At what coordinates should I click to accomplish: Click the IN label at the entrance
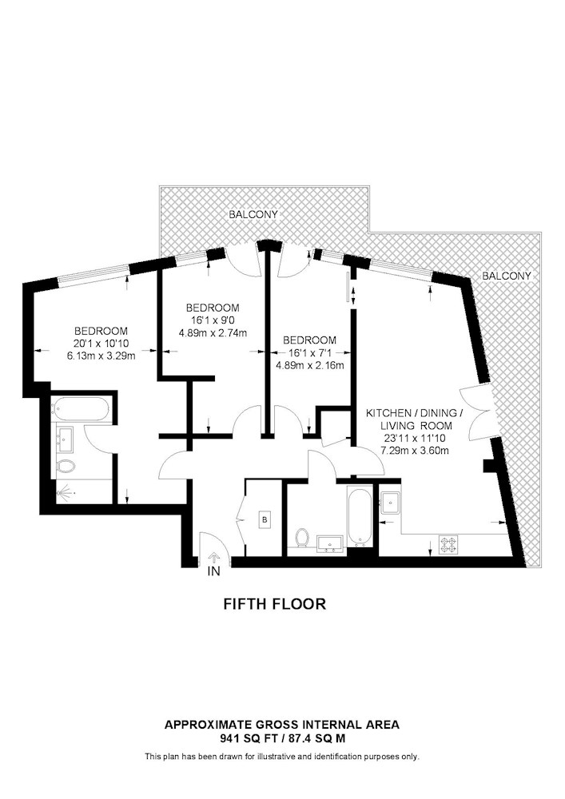pyautogui.click(x=214, y=571)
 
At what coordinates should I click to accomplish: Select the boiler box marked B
pyautogui.click(x=265, y=520)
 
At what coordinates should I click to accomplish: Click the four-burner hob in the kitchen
pyautogui.click(x=448, y=545)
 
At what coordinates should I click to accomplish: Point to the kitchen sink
pyautogui.click(x=391, y=501)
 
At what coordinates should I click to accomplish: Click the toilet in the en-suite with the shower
pyautogui.click(x=66, y=466)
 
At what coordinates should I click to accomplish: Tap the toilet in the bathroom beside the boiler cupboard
pyautogui.click(x=302, y=538)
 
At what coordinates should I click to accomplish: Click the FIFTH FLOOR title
pyautogui.click(x=275, y=604)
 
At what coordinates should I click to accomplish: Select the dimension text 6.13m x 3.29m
pyautogui.click(x=101, y=356)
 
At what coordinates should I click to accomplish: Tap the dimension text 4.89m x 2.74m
pyautogui.click(x=213, y=334)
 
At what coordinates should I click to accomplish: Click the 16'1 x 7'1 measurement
pyautogui.click(x=309, y=352)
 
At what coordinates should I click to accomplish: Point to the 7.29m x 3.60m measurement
pyautogui.click(x=415, y=451)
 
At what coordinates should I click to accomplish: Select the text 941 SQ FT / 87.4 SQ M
pyautogui.click(x=282, y=738)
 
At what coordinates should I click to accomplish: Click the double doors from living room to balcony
pyautogui.click(x=475, y=414)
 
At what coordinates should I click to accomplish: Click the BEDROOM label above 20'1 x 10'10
pyautogui.click(x=101, y=331)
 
